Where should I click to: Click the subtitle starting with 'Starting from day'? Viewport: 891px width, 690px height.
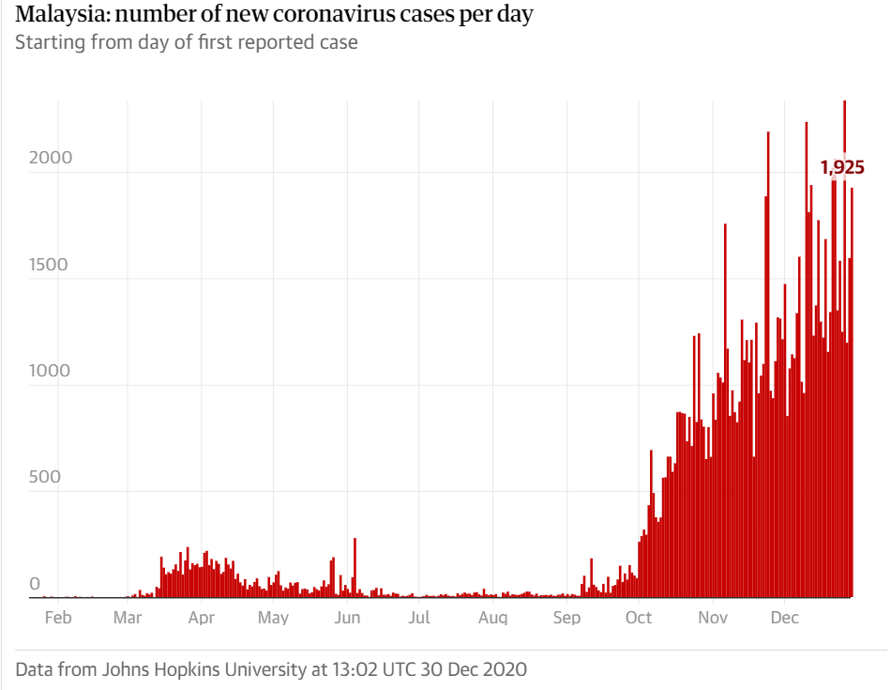[x=186, y=42]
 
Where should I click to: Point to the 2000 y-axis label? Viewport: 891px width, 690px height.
[x=50, y=158]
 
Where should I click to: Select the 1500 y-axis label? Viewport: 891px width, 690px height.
[x=50, y=264]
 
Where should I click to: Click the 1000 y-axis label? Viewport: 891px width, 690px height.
[x=50, y=371]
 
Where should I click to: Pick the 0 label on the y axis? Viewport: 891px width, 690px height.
[x=36, y=584]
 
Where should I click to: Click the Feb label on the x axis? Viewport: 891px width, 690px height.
[x=58, y=618]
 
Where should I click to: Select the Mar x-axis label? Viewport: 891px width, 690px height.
[x=128, y=618]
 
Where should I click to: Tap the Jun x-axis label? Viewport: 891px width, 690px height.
[x=347, y=618]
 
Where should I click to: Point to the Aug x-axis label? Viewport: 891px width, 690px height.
[x=492, y=618]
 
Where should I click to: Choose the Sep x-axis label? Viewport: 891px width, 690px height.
[x=566, y=618]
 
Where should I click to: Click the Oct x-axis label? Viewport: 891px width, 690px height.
[x=639, y=618]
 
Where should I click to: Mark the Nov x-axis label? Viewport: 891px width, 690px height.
[x=713, y=618]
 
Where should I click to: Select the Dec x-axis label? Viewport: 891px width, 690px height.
[x=784, y=618]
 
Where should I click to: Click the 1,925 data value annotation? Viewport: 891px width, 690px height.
[x=841, y=168]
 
